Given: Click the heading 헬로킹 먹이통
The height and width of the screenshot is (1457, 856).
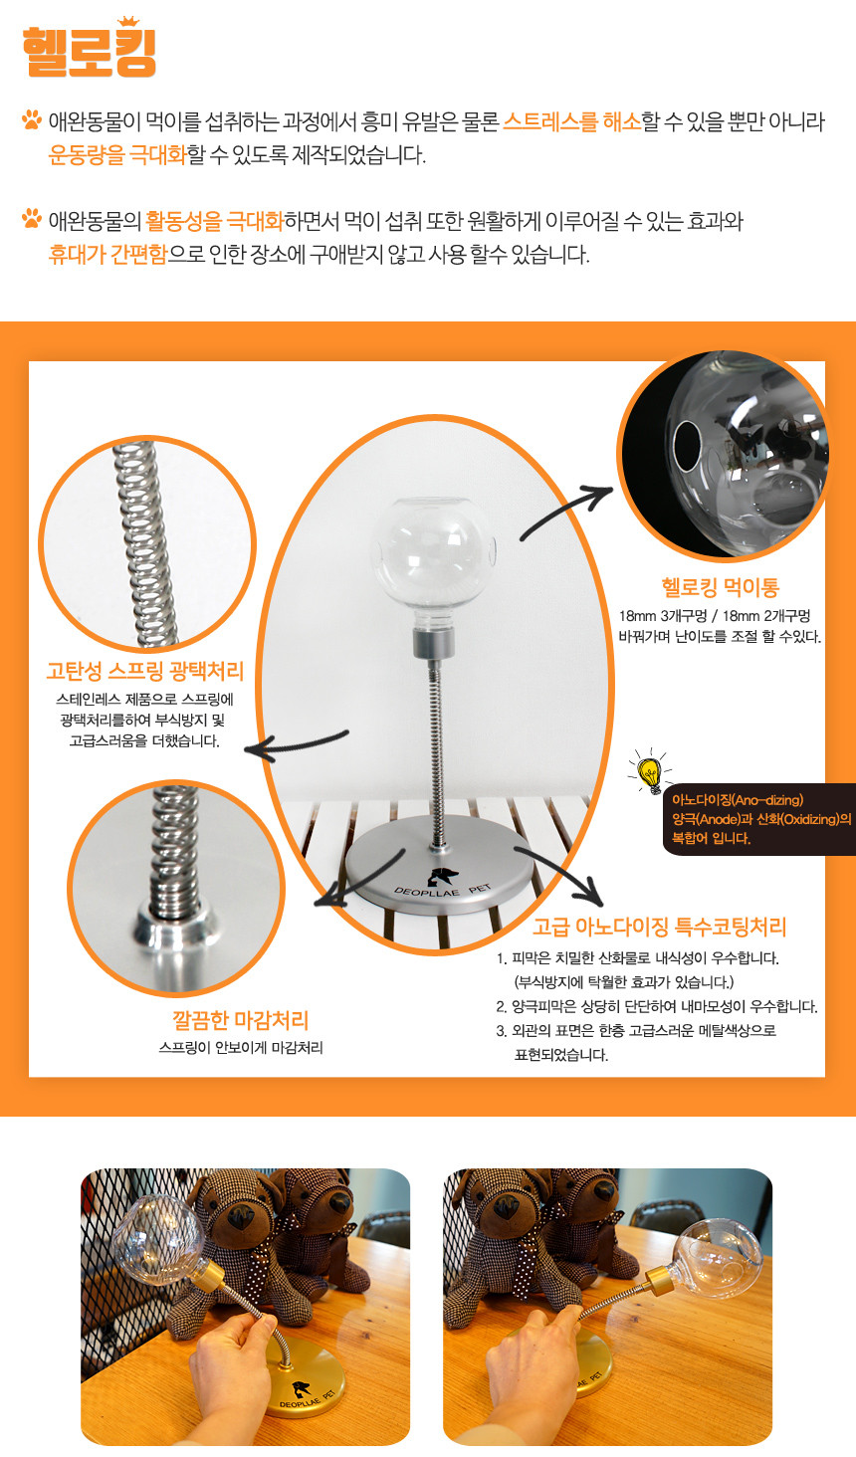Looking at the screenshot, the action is pos(720,587).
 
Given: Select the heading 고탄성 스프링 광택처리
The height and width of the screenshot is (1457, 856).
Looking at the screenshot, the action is pos(145,671).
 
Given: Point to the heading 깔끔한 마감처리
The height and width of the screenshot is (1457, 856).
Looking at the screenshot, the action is pos(241,1020).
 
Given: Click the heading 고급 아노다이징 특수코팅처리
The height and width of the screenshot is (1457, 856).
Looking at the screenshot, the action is pos(660,927).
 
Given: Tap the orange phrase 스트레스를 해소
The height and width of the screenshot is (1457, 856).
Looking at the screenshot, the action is pos(572,121).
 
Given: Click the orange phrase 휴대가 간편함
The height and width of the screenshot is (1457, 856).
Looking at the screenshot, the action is pos(107,254).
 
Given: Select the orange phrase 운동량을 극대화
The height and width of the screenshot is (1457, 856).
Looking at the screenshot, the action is pos(117,155).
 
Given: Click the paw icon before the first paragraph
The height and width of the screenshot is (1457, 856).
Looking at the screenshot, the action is pos(31,119).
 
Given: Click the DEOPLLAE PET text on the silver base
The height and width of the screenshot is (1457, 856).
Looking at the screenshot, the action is pos(443,891).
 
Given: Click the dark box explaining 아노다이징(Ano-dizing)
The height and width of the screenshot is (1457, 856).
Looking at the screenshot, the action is pos(759,819).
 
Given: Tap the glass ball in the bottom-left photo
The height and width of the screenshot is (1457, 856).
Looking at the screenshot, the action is pos(158,1235).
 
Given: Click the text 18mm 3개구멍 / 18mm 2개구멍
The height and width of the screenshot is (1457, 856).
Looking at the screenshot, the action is pos(715,615).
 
